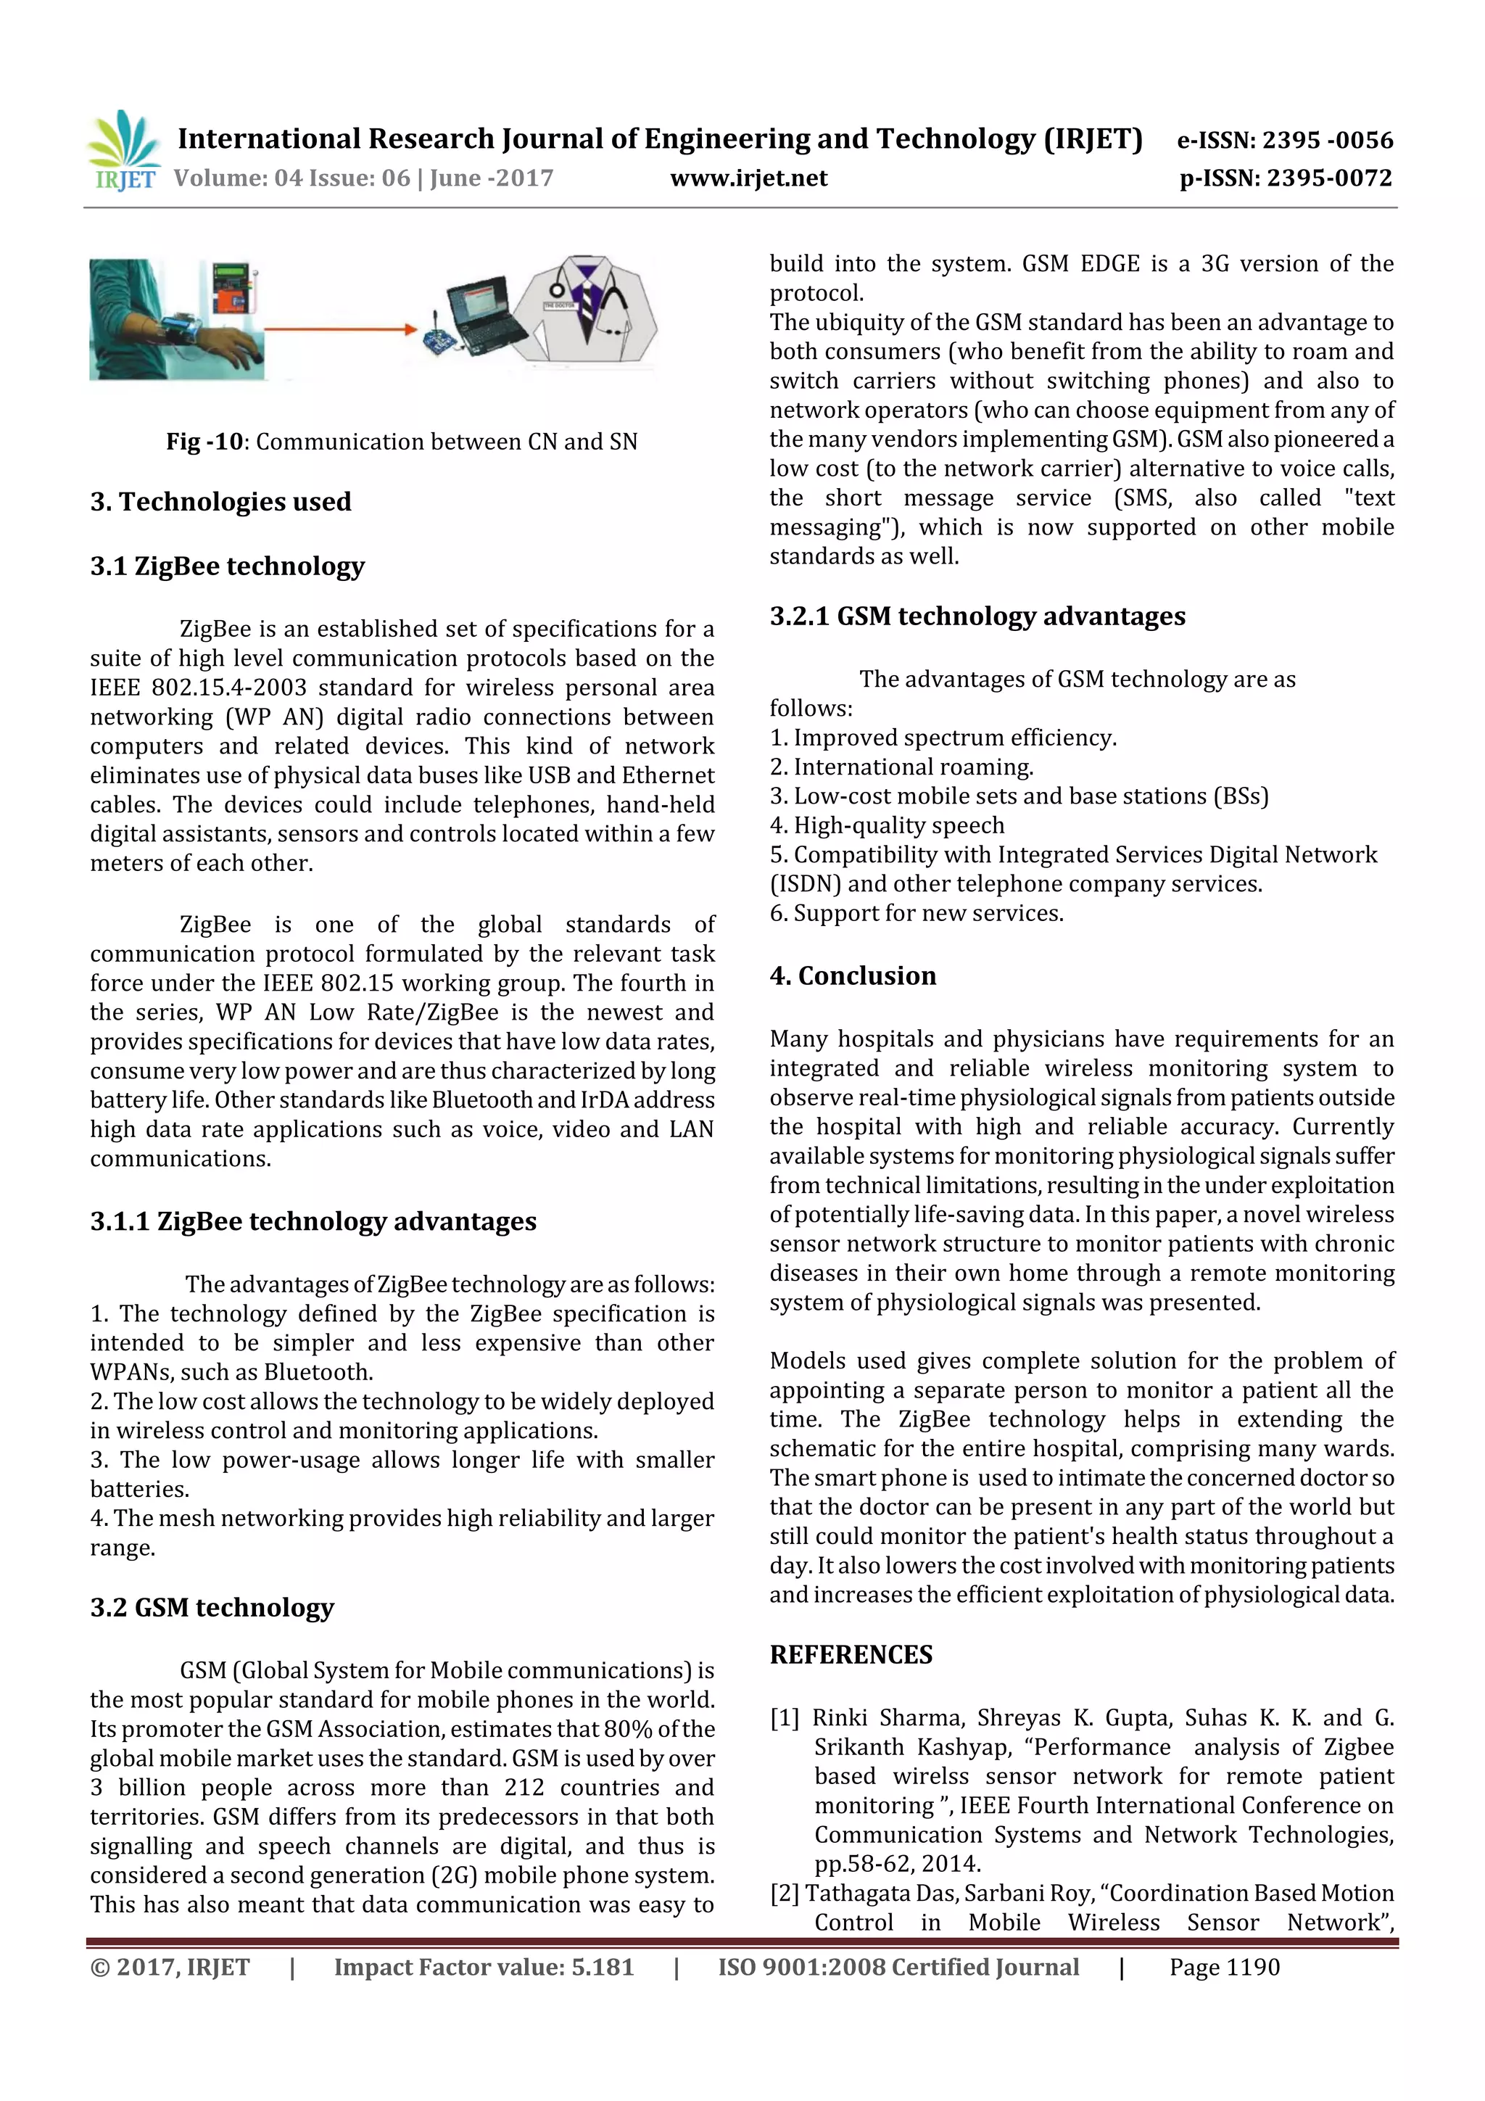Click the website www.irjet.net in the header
(748, 178)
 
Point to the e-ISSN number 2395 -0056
(1327, 140)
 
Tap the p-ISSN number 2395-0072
(1331, 178)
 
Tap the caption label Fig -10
(204, 442)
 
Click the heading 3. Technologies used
(220, 501)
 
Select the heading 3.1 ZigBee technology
(227, 566)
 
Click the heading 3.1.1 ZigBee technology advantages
(313, 1221)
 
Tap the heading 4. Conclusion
(853, 975)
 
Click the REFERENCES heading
(851, 1654)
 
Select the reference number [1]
(785, 1717)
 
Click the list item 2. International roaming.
(901, 767)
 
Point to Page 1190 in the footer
(1223, 1968)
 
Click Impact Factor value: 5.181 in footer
(483, 1968)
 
